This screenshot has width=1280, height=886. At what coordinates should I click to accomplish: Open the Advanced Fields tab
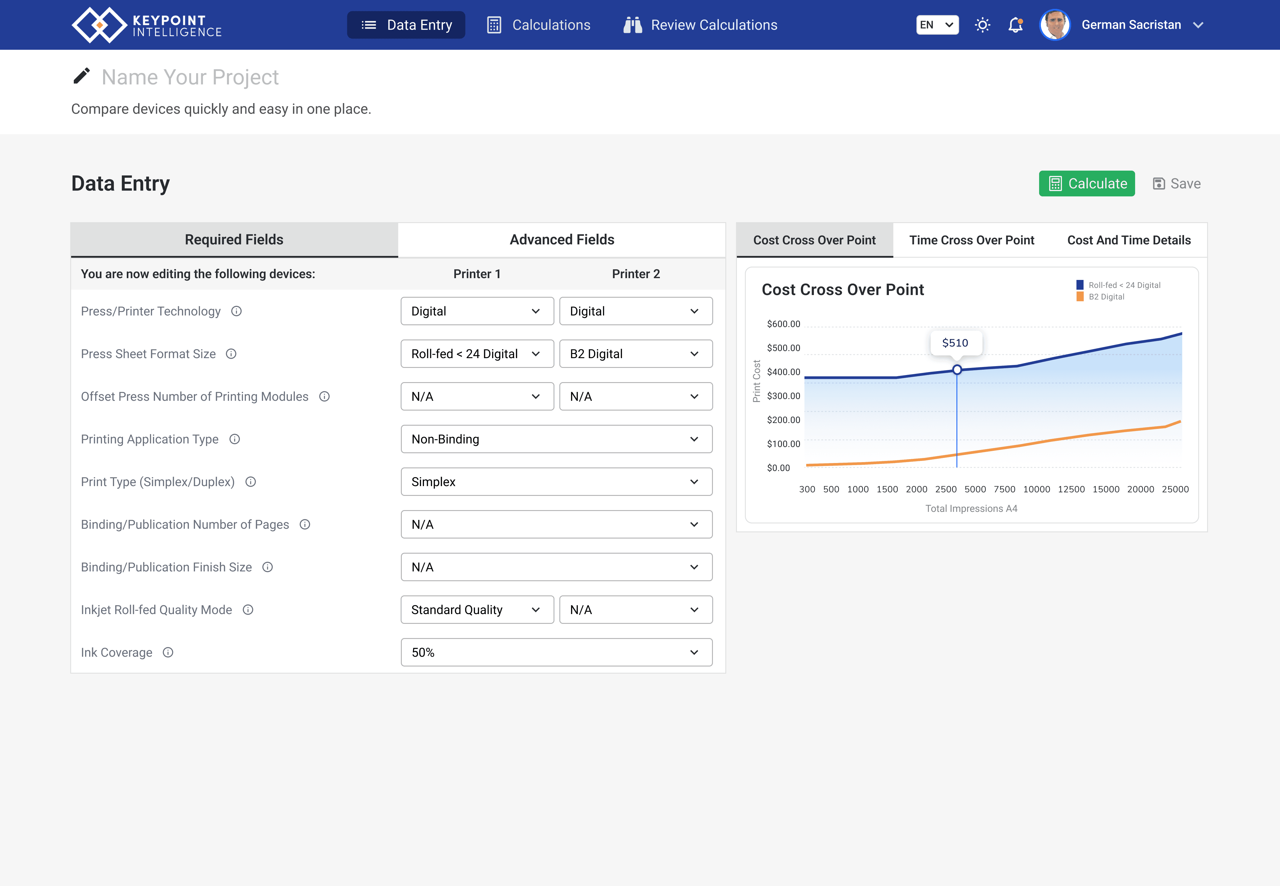click(x=562, y=240)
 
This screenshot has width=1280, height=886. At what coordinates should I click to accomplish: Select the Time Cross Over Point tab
click(x=972, y=240)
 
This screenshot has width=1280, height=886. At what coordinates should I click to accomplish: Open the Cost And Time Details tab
click(x=1129, y=240)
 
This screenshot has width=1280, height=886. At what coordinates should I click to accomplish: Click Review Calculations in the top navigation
click(x=700, y=25)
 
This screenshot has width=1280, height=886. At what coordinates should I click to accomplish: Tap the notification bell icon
click(x=1016, y=25)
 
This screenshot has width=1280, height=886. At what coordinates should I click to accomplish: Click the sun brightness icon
click(x=982, y=25)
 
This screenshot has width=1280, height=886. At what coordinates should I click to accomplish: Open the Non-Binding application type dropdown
click(x=556, y=439)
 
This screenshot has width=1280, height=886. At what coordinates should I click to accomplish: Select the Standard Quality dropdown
click(x=477, y=610)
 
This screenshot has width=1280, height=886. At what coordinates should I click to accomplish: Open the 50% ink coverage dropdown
click(x=556, y=652)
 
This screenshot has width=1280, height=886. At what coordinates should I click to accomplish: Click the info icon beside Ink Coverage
click(x=168, y=652)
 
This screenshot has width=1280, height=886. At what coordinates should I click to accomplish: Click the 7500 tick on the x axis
click(x=1004, y=489)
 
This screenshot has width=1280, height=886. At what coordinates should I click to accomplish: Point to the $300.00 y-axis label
click(x=783, y=396)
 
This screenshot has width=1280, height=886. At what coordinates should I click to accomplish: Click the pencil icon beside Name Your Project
click(x=82, y=76)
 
